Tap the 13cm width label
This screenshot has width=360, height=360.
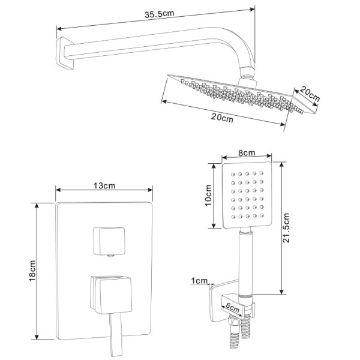[x=105, y=186]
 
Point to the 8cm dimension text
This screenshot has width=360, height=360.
[x=245, y=154]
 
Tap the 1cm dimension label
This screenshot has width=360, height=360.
[x=200, y=281]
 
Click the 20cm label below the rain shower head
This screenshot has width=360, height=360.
[x=223, y=118]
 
